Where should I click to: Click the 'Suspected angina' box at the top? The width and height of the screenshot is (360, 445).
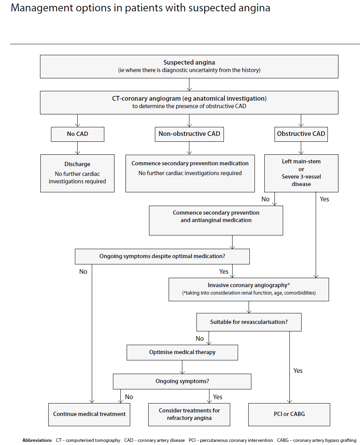(x=189, y=66)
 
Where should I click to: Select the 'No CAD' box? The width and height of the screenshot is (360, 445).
(x=78, y=134)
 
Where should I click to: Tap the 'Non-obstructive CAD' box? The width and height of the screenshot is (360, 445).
(x=189, y=134)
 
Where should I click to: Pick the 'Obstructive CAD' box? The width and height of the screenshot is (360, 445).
(x=301, y=134)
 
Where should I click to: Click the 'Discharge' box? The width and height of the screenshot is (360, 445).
(x=77, y=173)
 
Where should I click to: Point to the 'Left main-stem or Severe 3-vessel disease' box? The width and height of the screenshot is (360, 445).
(x=301, y=173)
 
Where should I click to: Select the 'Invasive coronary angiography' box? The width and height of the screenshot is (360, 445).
(x=249, y=289)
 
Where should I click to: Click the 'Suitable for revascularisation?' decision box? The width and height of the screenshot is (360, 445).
(x=249, y=322)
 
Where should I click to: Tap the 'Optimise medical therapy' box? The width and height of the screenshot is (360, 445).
(x=182, y=352)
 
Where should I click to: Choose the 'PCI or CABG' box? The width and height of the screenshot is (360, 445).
(x=289, y=414)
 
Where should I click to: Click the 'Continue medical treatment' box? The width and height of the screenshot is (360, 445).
(x=89, y=414)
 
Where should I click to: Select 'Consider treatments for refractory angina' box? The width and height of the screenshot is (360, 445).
(x=189, y=414)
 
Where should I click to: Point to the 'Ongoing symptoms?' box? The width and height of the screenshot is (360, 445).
(x=182, y=381)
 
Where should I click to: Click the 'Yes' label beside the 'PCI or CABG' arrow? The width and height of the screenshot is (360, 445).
(x=298, y=371)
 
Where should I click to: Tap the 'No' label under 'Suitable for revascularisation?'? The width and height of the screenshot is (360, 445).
(x=200, y=338)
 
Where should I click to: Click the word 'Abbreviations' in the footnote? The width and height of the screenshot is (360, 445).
(x=37, y=440)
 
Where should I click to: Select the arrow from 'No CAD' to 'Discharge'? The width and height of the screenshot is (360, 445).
(x=78, y=148)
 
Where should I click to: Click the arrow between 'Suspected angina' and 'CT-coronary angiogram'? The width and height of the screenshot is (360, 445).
(x=189, y=84)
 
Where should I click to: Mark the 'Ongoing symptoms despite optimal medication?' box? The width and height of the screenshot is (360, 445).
(x=162, y=257)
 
